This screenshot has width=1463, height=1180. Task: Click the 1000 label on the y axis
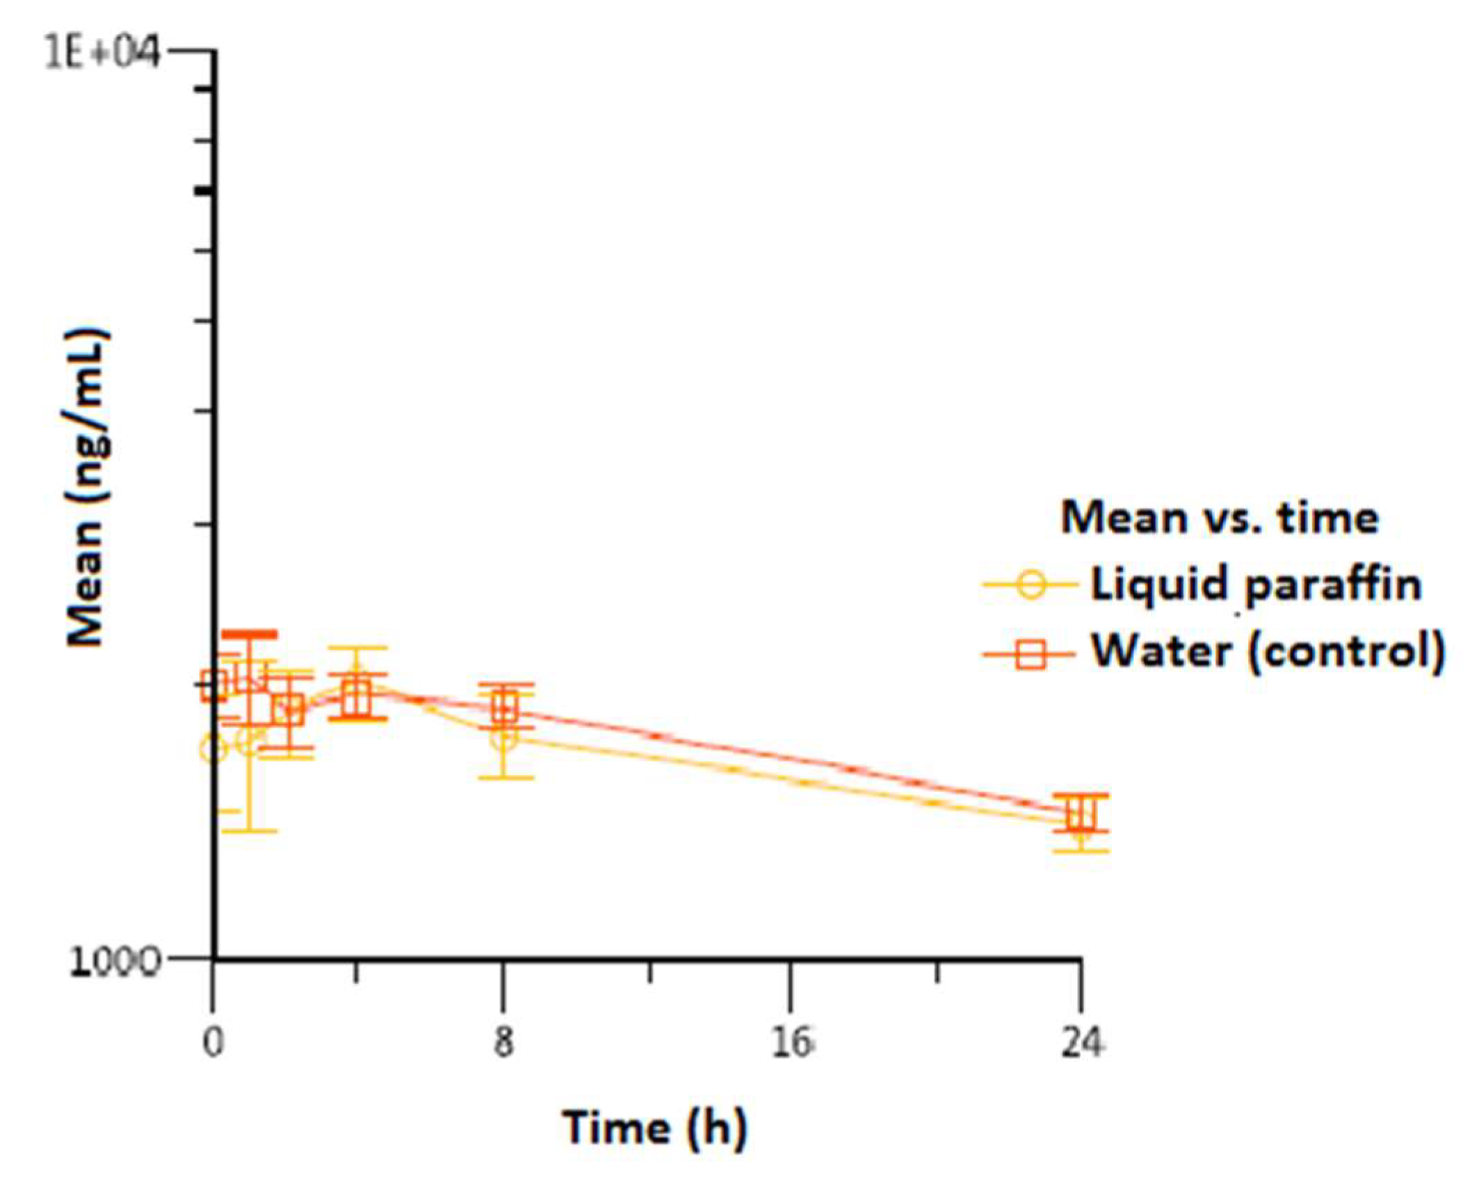[x=115, y=962]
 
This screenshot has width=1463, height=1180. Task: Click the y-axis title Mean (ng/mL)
[x=87, y=486]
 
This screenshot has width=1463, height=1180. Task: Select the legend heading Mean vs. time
[x=1218, y=518]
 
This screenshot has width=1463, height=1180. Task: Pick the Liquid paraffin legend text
[x=1255, y=584]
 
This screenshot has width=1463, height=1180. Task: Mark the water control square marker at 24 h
[x=1081, y=813]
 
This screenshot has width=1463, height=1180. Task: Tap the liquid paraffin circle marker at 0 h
[x=213, y=749]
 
